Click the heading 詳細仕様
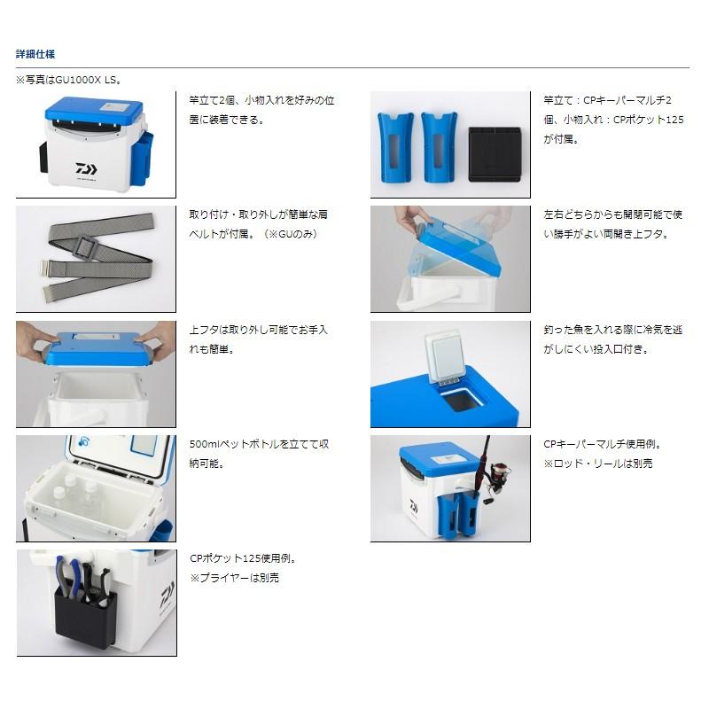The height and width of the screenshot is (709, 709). pos(35,54)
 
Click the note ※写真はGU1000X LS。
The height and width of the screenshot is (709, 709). pos(68,80)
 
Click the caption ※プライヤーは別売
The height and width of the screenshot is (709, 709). pos(235,578)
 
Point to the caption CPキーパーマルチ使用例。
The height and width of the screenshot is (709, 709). pos(603,444)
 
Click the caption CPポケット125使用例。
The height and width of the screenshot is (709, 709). pos(243,558)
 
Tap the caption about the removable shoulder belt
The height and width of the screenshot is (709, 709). pos(260,223)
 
